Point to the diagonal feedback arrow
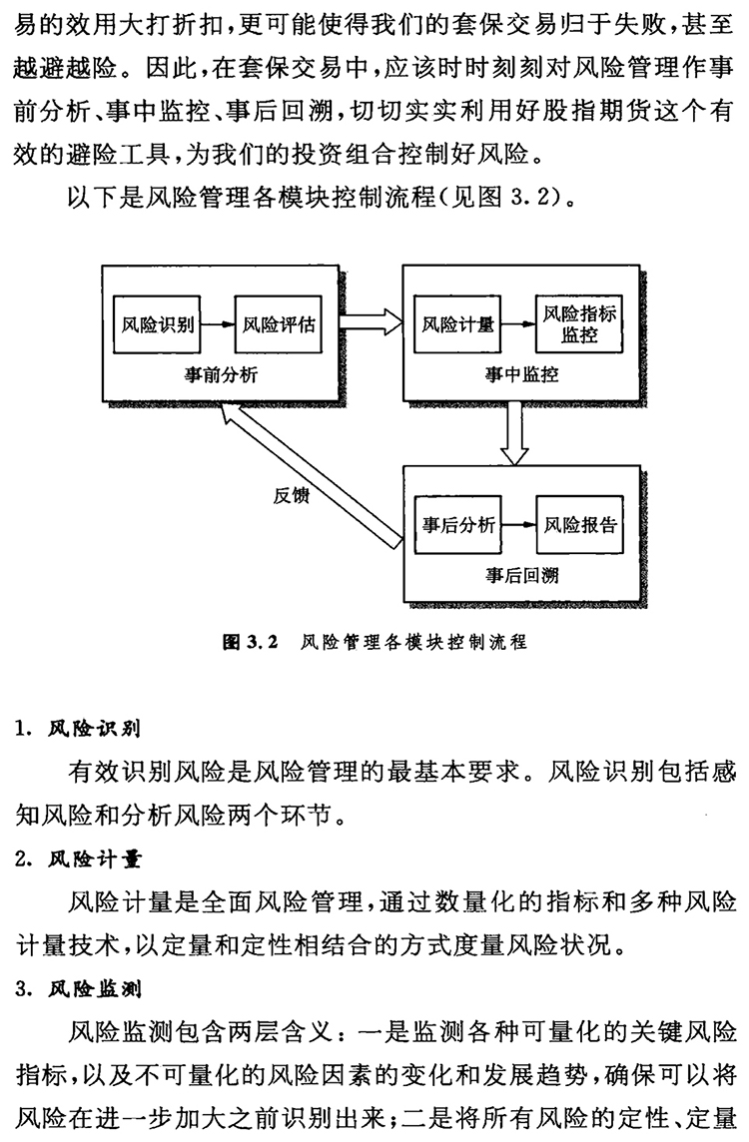pos(310,470)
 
